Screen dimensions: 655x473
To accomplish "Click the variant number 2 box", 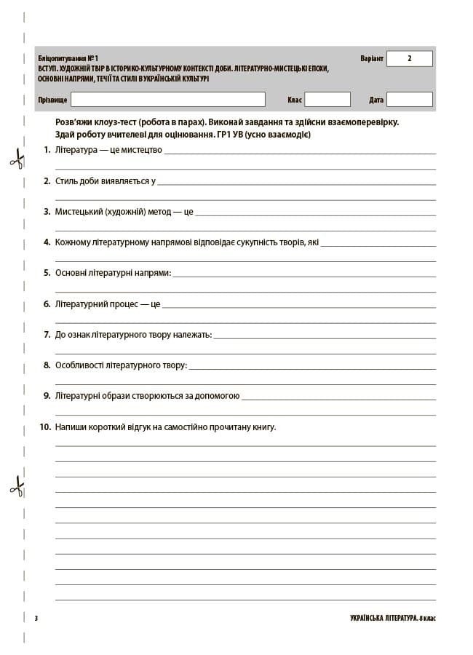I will tap(409, 58).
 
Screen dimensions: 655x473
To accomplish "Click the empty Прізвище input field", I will tap(167, 99).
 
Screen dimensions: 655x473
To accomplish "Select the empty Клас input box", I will tap(327, 99).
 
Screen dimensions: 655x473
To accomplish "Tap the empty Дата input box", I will tap(409, 99).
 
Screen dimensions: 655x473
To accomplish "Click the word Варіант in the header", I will tap(371, 58).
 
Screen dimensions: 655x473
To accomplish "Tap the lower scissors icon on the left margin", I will tap(16, 485).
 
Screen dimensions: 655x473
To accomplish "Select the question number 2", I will tap(47, 180).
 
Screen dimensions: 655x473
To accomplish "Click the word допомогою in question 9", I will tap(218, 397).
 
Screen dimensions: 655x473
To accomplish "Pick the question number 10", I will tap(45, 427).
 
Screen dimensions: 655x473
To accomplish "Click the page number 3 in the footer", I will tap(36, 619).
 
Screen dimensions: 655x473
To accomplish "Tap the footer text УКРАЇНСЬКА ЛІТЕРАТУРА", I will tap(374, 619).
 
